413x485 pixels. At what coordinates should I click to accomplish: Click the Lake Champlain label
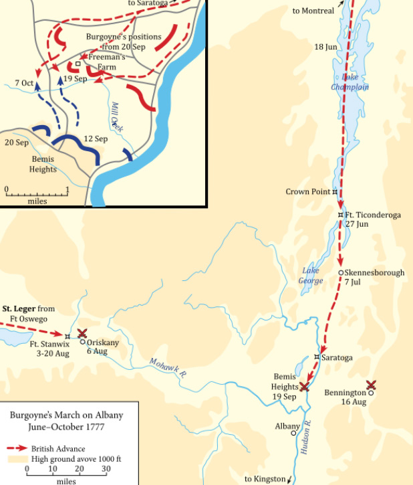(x=350, y=82)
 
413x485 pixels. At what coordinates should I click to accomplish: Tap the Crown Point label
(x=307, y=192)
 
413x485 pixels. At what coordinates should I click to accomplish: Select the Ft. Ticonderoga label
(x=373, y=215)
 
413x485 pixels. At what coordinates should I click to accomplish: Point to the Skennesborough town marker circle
(x=341, y=273)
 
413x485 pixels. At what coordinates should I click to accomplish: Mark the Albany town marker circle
(x=293, y=433)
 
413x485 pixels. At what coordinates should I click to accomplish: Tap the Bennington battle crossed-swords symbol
(x=372, y=385)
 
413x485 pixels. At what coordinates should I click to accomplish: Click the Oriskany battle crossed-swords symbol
(x=82, y=333)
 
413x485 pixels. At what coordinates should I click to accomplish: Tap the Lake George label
(x=312, y=276)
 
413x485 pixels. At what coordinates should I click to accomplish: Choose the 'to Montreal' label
(x=313, y=11)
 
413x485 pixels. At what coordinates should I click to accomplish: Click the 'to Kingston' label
(x=264, y=478)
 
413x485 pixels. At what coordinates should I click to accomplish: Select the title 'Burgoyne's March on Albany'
(x=66, y=415)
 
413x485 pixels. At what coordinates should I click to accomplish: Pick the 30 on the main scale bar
(x=106, y=470)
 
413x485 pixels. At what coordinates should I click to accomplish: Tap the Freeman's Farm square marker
(x=78, y=64)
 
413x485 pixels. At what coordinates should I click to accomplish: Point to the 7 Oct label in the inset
(x=24, y=83)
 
